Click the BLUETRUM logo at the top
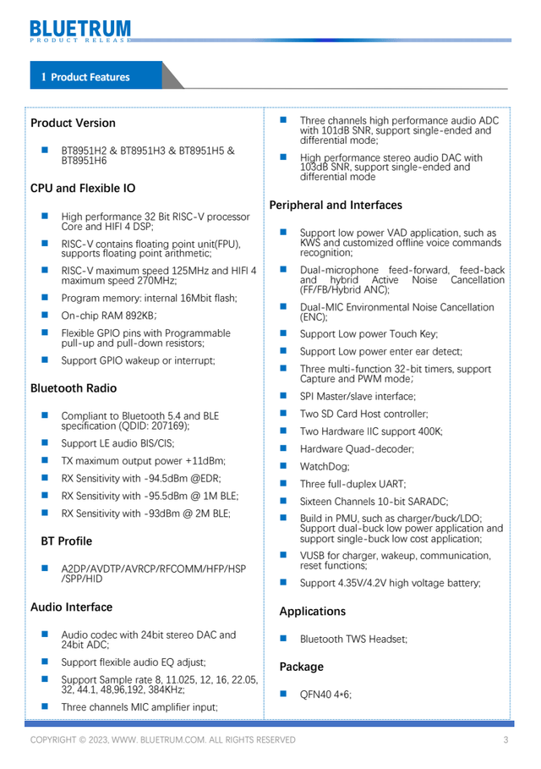(81, 30)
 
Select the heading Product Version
(73, 124)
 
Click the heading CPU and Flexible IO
(83, 188)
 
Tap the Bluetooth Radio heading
(74, 388)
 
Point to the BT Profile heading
(67, 541)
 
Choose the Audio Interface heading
(71, 607)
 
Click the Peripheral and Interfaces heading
(335, 205)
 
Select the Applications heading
(312, 611)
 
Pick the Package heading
(302, 667)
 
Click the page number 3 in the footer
(505, 740)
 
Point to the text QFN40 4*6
(325, 695)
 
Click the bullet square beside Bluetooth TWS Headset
(284, 639)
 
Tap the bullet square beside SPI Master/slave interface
(284, 396)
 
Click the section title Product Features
(90, 77)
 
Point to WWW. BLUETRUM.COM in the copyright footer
(162, 740)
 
